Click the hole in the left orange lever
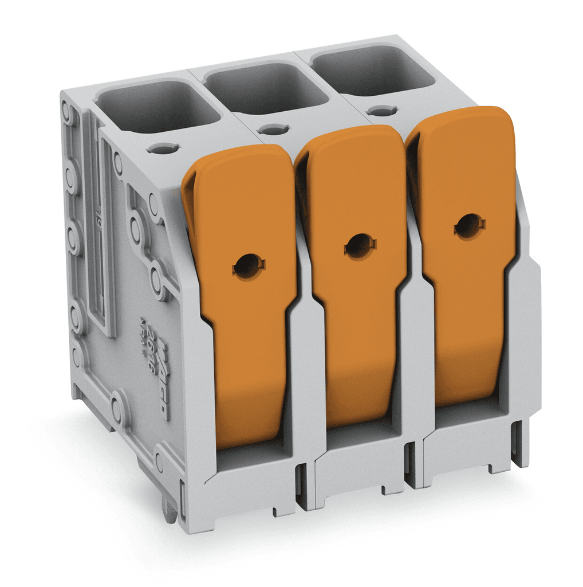pos(249,265)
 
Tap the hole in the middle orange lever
pos(359,246)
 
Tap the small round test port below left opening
pos(163,148)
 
